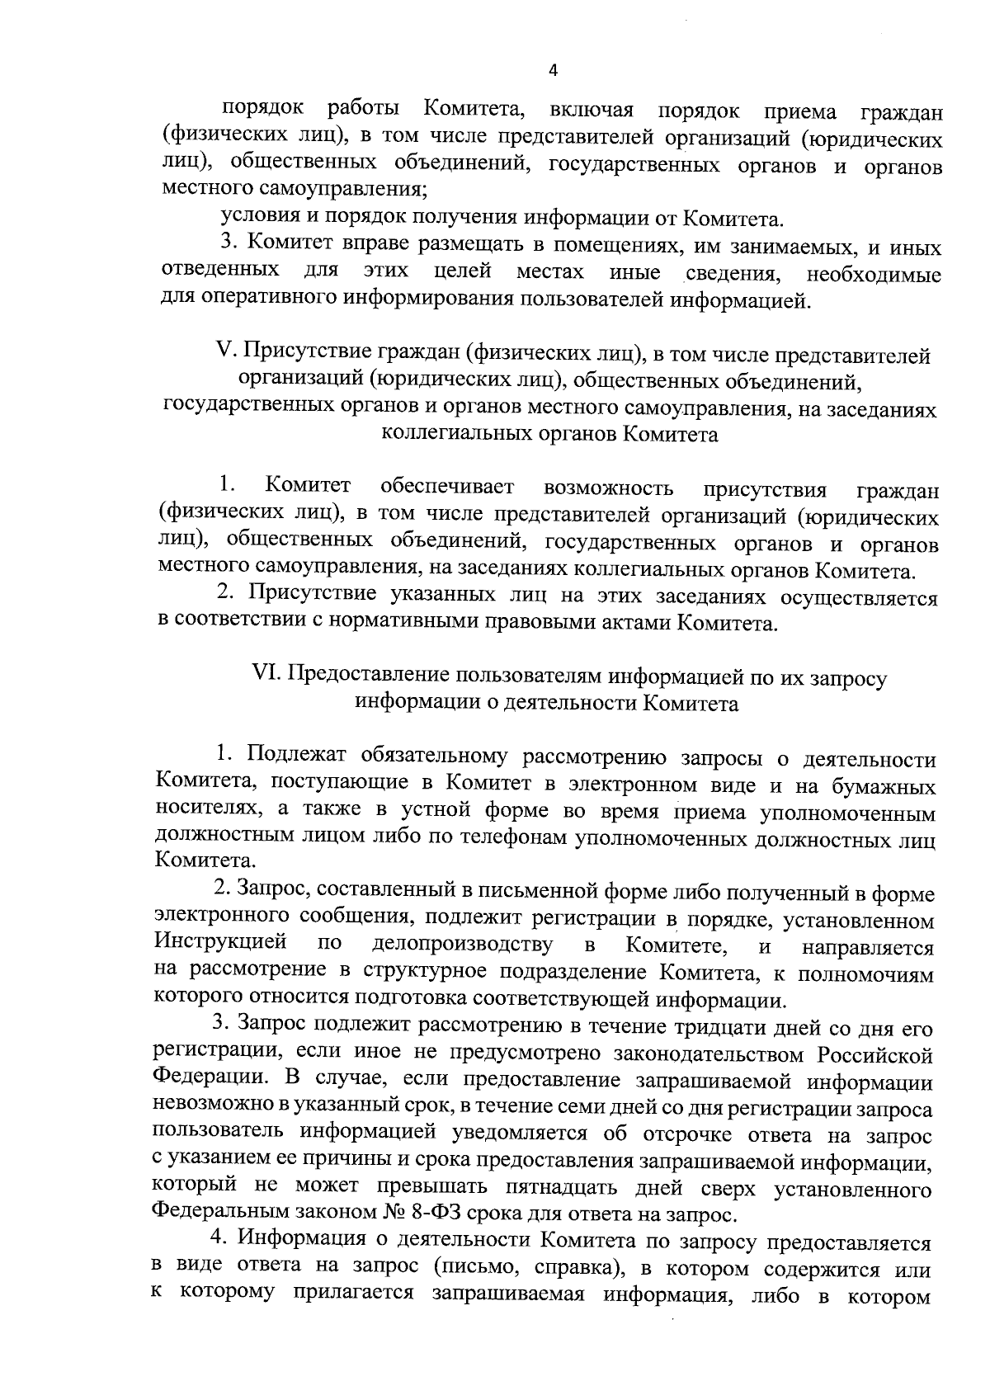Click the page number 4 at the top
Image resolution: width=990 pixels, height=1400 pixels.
point(553,71)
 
